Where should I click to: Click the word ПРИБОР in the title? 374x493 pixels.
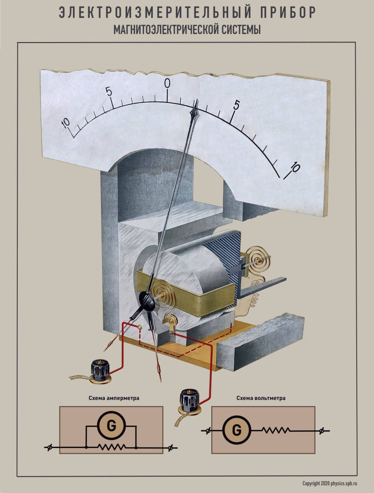pos(280,13)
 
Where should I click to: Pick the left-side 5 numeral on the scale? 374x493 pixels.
pos(109,91)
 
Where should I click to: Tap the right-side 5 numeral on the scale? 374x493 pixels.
pos(237,106)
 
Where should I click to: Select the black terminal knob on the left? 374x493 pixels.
pos(100,368)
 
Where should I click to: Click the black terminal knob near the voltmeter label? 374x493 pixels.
pos(188,400)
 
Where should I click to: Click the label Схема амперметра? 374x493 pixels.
pos(111,399)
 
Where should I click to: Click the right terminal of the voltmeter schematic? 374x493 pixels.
pos(322,430)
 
